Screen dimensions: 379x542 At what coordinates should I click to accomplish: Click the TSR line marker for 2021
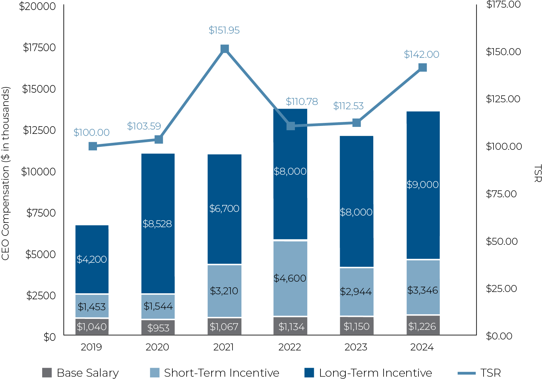click(x=225, y=49)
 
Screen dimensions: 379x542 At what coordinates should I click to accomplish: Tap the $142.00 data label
click(x=421, y=54)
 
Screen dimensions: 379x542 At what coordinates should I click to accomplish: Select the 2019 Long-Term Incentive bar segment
click(x=92, y=259)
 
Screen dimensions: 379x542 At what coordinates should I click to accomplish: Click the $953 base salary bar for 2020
click(x=158, y=328)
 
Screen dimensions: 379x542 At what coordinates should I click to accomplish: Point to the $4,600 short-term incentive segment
click(x=290, y=278)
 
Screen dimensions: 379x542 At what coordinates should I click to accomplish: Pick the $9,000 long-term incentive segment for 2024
click(x=423, y=185)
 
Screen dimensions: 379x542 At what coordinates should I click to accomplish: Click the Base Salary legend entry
click(x=81, y=373)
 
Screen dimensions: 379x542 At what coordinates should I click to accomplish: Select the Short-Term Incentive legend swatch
click(x=155, y=373)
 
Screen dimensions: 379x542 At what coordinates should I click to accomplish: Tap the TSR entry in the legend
click(x=479, y=373)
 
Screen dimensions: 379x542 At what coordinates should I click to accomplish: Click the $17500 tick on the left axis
click(x=39, y=47)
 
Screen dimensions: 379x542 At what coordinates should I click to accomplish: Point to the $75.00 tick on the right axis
click(x=501, y=194)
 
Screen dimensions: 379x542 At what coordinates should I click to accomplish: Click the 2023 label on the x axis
click(x=356, y=347)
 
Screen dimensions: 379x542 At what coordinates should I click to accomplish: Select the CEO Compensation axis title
click(x=6, y=173)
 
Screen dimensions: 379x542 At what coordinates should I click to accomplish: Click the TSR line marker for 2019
click(x=93, y=146)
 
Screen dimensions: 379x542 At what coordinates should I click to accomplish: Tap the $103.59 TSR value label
click(x=144, y=126)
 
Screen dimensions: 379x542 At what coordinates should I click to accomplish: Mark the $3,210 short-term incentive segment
click(x=224, y=291)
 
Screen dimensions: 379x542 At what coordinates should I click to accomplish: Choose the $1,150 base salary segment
click(x=357, y=326)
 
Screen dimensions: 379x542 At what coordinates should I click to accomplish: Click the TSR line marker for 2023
click(x=356, y=123)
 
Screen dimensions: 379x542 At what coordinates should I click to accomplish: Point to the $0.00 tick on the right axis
click(x=499, y=336)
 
